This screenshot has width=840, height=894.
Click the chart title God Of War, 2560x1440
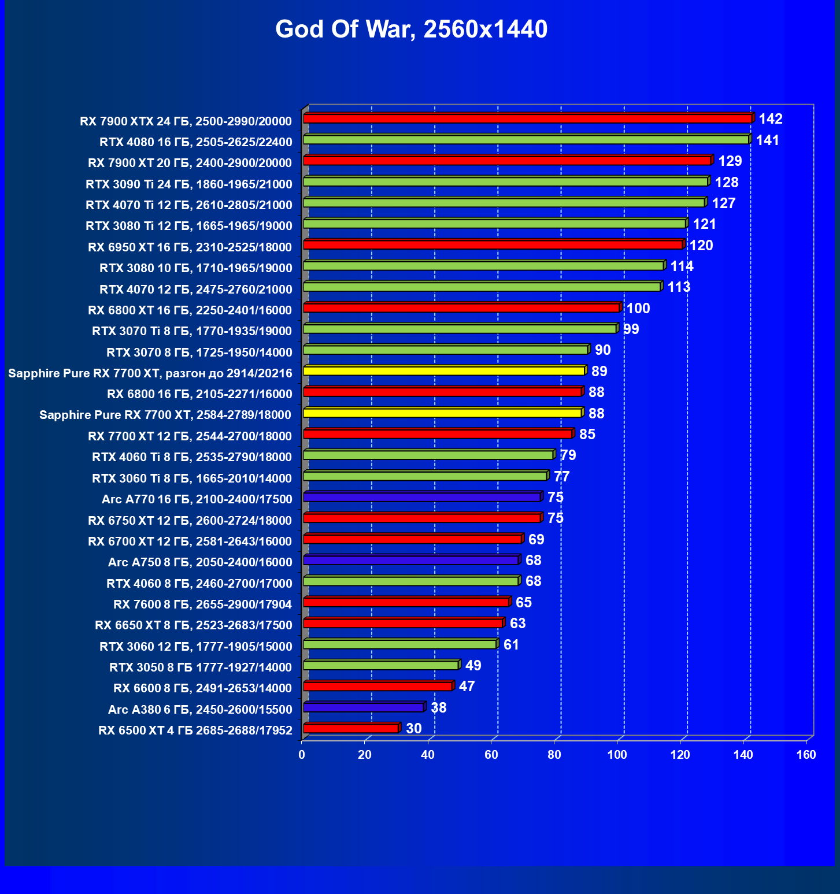(x=411, y=29)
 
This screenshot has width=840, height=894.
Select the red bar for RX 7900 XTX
(x=527, y=118)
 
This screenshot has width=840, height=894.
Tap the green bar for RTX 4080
(x=526, y=140)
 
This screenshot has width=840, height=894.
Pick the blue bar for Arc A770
(x=422, y=497)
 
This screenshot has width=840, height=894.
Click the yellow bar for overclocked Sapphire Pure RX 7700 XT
(x=444, y=371)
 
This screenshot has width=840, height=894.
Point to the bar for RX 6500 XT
(x=351, y=728)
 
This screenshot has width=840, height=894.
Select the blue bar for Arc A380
(x=364, y=707)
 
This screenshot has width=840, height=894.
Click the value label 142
(x=770, y=119)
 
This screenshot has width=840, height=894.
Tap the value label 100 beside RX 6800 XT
(x=638, y=309)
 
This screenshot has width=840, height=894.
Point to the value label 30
(x=414, y=728)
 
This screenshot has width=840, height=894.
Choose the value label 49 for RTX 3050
(x=473, y=666)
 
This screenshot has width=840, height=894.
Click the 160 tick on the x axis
(x=806, y=755)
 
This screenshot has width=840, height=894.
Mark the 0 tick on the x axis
(x=302, y=755)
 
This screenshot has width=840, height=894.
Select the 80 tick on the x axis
(x=554, y=755)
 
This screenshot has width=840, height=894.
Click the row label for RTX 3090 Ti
(x=189, y=184)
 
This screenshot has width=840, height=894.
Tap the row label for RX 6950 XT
(x=190, y=247)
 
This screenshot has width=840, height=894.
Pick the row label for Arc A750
(x=200, y=562)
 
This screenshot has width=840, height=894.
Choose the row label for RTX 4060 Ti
(x=192, y=457)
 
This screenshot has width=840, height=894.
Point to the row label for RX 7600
(x=202, y=604)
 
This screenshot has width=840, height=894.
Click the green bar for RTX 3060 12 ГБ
(x=400, y=644)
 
